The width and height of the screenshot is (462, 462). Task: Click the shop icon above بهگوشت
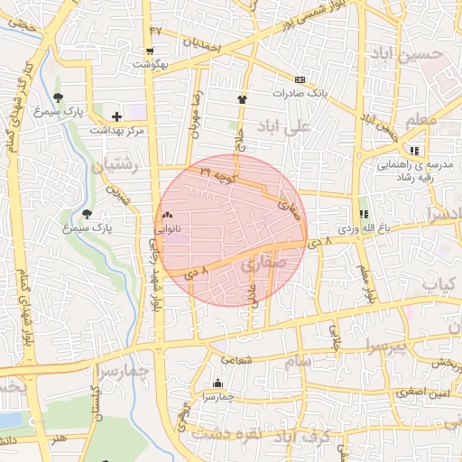coord(150,51)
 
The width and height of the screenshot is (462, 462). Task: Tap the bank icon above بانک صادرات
coord(300,79)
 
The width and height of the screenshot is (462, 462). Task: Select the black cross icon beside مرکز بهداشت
coord(116,115)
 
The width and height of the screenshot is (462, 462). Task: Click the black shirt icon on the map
coord(242,99)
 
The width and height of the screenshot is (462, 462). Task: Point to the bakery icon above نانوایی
coord(167,216)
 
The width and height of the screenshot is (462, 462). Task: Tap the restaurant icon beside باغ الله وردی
coord(364,214)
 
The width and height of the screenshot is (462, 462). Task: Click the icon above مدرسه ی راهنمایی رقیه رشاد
coord(414,151)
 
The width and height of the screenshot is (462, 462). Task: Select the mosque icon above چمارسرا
coord(216,383)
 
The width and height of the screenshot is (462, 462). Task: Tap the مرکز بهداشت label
coord(115,130)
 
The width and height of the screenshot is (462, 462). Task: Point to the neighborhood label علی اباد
coord(284,125)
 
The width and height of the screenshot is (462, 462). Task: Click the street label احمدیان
coord(201,42)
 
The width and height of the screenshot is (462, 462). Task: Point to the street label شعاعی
coord(261,358)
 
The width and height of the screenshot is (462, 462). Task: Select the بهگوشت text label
coord(151,65)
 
